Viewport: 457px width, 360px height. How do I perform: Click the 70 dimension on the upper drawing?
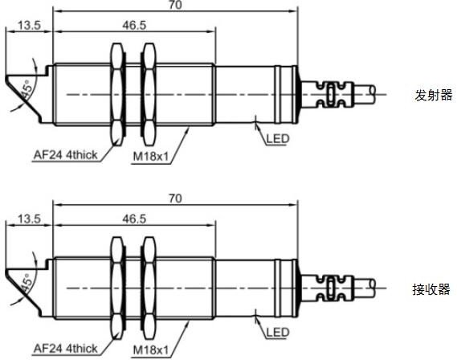(x=175, y=5)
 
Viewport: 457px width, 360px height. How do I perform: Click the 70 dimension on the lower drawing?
(x=175, y=198)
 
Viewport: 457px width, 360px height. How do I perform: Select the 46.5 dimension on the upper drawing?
(x=134, y=26)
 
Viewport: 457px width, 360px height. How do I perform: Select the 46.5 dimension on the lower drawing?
(x=134, y=219)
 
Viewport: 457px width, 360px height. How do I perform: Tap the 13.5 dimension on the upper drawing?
(x=29, y=26)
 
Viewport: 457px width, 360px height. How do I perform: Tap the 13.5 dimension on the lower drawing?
(x=29, y=219)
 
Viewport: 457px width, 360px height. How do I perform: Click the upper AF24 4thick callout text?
(x=65, y=155)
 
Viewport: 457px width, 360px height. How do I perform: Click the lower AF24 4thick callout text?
(x=65, y=348)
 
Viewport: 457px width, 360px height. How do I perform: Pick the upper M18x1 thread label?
(x=151, y=157)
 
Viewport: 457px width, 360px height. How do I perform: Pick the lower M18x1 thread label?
(x=151, y=350)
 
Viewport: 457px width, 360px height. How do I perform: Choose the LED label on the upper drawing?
(x=278, y=139)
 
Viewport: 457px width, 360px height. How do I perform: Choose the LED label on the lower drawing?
(x=278, y=333)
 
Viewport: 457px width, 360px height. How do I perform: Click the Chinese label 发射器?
(x=434, y=96)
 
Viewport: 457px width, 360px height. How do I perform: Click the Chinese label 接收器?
(x=431, y=289)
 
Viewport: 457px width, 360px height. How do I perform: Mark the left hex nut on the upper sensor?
(x=117, y=95)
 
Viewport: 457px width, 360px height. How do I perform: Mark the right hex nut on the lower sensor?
(x=149, y=288)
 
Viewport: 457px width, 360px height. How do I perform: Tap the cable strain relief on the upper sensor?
(x=327, y=95)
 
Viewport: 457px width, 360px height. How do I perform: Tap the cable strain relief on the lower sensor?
(x=327, y=288)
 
